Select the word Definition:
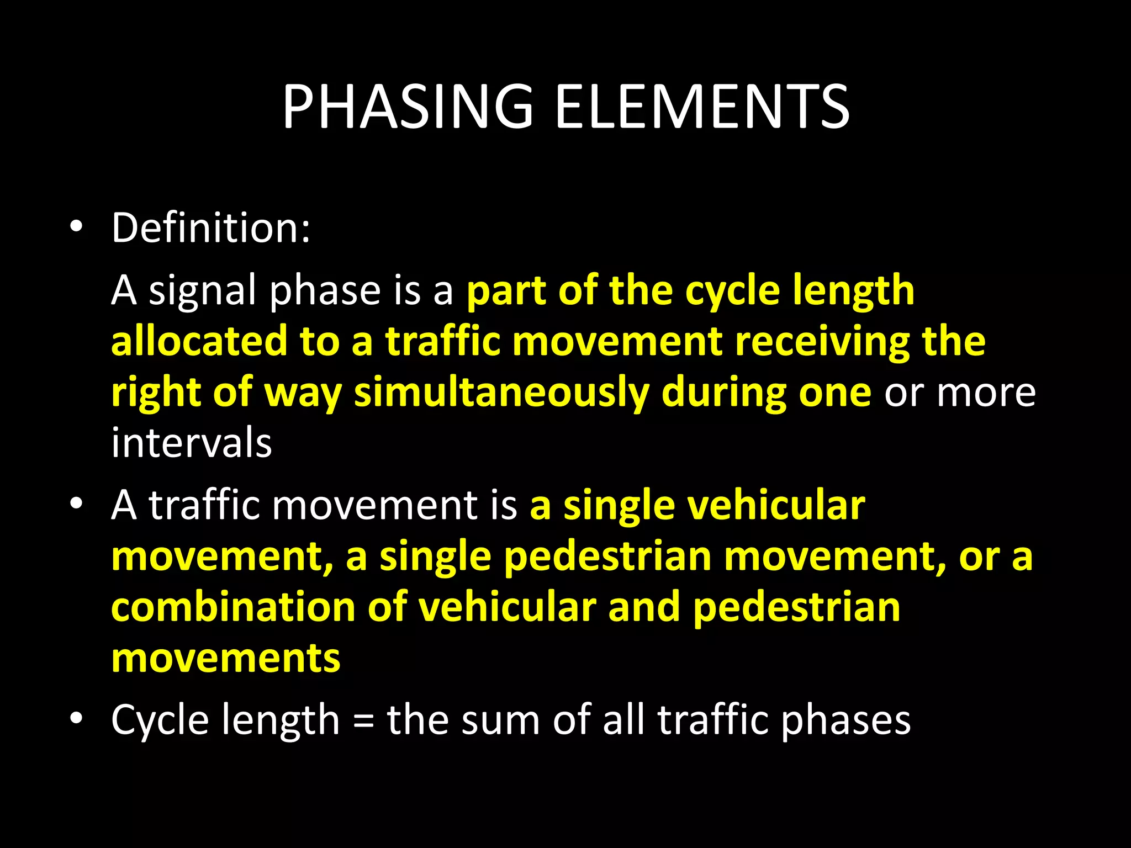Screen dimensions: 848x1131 pos(211,227)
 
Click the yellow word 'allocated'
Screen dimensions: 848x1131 pos(199,341)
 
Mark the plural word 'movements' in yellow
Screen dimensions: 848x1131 pos(226,658)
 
